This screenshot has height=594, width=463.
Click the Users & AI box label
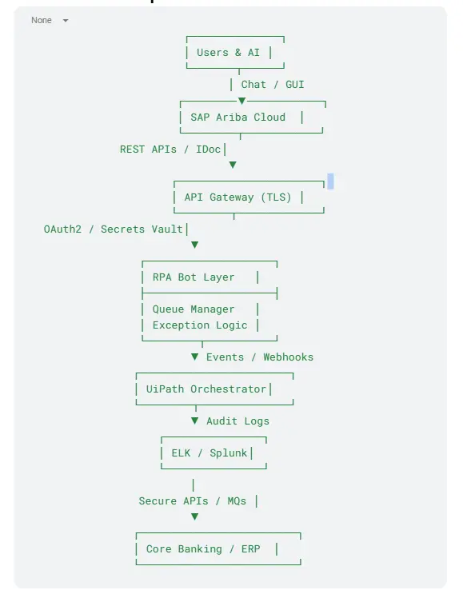point(228,52)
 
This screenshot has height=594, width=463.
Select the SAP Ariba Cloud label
point(238,117)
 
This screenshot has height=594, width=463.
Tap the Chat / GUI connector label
point(273,85)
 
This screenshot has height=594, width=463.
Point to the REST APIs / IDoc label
point(170,149)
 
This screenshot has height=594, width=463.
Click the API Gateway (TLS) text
point(238,197)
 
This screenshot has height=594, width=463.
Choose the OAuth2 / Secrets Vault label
point(114,229)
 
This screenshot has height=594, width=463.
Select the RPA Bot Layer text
point(194,277)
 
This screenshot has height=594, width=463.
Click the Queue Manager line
point(194,309)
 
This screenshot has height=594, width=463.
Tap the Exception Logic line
point(200,325)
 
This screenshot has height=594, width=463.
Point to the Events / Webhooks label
point(260,357)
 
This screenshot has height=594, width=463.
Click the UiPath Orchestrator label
point(206,389)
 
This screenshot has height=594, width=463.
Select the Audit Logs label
point(238,421)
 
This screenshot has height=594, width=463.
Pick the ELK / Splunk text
point(210,453)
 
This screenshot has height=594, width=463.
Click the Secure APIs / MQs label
point(193,500)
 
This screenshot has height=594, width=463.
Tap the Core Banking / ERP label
point(203,549)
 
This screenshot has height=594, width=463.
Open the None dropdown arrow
point(66,21)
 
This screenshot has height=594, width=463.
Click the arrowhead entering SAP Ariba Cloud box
point(241,101)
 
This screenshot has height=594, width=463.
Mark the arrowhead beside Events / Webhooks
point(195,357)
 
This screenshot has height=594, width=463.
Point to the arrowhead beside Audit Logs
point(195,421)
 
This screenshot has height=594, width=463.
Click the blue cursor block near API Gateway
point(330,181)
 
